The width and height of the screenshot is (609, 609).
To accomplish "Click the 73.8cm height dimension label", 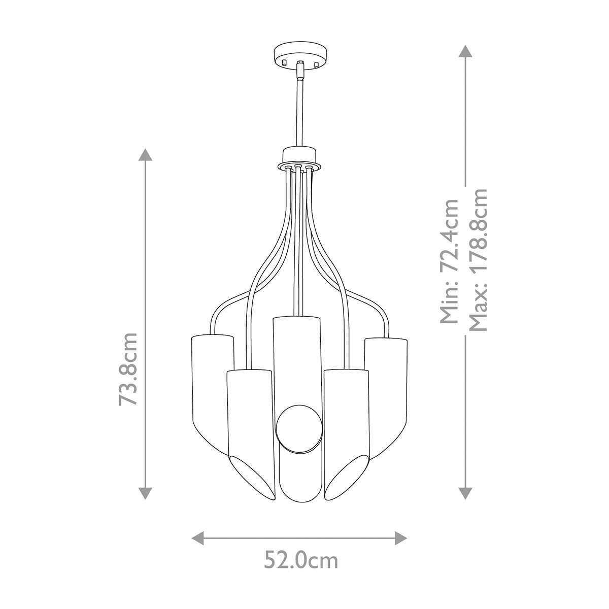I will (x=127, y=369).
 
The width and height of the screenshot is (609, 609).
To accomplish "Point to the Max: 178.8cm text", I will (x=478, y=259).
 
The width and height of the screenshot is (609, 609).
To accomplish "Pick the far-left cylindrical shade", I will (x=210, y=386).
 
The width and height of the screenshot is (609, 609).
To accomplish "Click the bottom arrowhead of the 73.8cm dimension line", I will (x=145, y=493).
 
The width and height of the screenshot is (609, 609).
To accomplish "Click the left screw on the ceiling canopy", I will (x=285, y=62).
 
